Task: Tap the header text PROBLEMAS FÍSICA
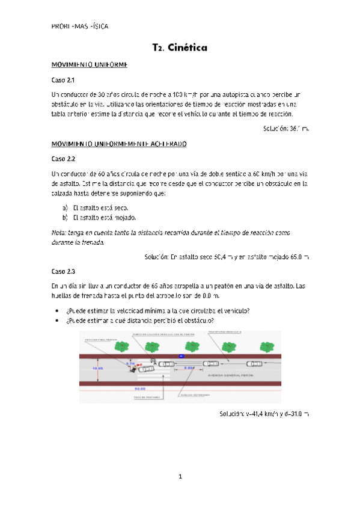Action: coord(80,26)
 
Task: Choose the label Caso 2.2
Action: coord(63,159)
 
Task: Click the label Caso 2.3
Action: coord(63,271)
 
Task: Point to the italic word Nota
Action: coord(59,232)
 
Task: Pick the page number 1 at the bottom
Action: coord(180,477)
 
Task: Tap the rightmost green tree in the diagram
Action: coord(266,346)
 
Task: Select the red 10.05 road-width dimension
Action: coord(97,368)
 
